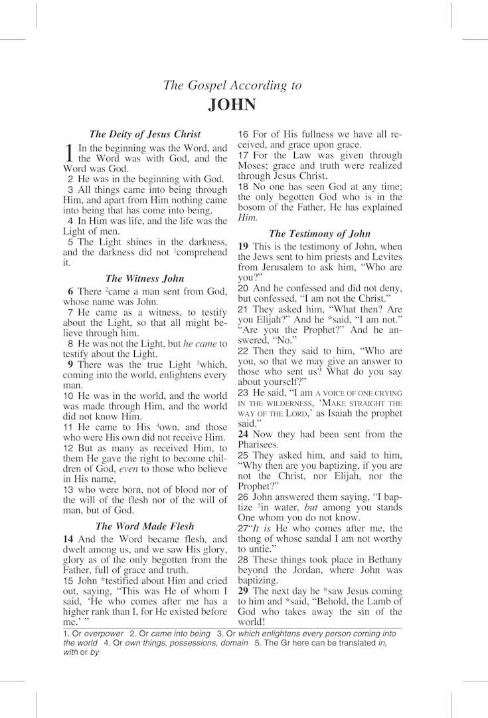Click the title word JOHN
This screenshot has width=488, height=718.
click(x=232, y=105)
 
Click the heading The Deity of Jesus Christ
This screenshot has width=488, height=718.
click(x=145, y=134)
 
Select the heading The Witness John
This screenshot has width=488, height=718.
click(x=145, y=279)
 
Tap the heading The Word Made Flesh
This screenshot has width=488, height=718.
click(x=145, y=527)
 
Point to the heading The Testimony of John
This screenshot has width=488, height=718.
click(x=320, y=233)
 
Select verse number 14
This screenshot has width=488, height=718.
click(x=68, y=538)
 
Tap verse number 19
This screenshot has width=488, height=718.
click(x=244, y=246)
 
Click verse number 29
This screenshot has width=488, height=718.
click(x=244, y=590)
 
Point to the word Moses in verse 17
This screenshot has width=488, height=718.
click(x=252, y=166)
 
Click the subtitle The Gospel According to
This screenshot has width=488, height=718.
click(x=232, y=85)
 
